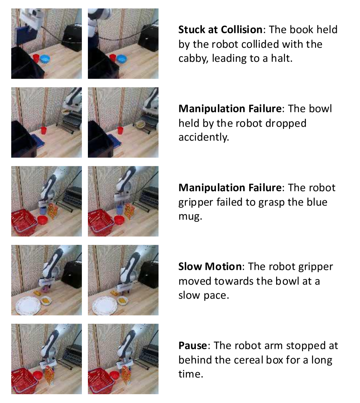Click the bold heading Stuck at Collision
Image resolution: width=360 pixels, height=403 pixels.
click(x=220, y=30)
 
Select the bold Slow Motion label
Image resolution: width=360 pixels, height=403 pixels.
click(x=210, y=267)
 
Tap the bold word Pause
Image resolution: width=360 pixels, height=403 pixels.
click(x=193, y=345)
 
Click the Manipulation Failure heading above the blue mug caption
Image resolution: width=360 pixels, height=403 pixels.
click(x=230, y=188)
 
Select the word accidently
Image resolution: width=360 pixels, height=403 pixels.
click(x=203, y=137)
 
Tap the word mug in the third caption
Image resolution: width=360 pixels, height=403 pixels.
click(x=190, y=217)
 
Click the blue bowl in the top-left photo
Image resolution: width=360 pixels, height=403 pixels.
click(x=45, y=59)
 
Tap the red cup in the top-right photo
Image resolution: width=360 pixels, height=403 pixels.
click(x=112, y=58)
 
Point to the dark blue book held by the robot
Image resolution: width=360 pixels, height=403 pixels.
click(x=25, y=33)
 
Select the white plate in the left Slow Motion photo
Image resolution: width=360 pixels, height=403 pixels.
click(x=28, y=305)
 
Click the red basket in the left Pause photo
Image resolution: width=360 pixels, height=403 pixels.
click(x=24, y=380)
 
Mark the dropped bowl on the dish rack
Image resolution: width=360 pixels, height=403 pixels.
click(x=141, y=124)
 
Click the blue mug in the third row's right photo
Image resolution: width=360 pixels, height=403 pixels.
click(x=120, y=210)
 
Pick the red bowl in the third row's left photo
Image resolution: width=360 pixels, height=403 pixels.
click(x=43, y=220)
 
